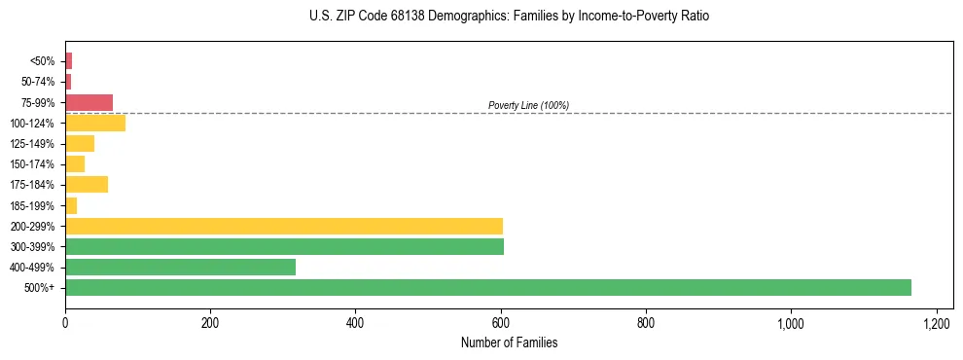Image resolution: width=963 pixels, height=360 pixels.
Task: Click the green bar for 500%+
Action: click(487, 287)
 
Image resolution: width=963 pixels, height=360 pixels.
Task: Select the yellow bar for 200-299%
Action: click(284, 226)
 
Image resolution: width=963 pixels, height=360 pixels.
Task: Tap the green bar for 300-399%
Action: click(284, 246)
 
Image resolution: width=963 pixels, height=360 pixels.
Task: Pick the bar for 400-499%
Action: click(180, 267)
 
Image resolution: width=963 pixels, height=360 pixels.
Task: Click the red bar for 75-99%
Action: click(89, 102)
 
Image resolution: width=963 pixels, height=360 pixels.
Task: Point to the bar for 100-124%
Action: click(95, 123)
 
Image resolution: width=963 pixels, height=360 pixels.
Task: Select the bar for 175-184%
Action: click(87, 184)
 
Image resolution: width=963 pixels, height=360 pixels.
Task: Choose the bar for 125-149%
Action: click(80, 143)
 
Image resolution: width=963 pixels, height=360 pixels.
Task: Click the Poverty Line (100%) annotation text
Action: click(528, 105)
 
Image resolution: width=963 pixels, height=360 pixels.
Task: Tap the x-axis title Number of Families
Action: click(509, 342)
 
